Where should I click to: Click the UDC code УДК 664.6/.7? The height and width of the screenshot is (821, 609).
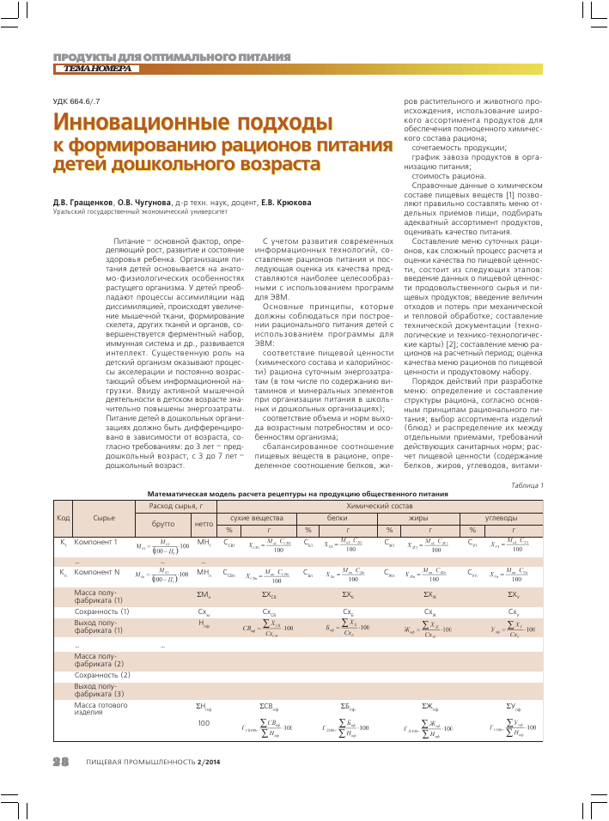77,100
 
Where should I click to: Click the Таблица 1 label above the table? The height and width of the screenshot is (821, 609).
527,485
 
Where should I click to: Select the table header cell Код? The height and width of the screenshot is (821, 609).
63,518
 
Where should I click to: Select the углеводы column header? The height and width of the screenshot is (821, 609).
502,518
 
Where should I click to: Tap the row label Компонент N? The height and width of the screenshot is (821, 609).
96,571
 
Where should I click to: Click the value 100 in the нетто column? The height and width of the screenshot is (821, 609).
204,723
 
